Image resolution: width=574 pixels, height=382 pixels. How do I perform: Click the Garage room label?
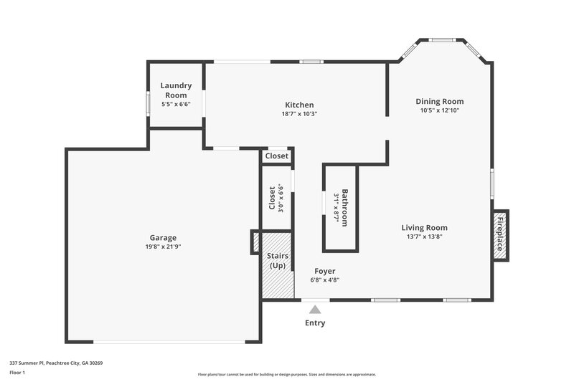pyautogui.click(x=163, y=238)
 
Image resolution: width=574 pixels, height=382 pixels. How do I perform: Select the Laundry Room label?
pyautogui.click(x=176, y=90)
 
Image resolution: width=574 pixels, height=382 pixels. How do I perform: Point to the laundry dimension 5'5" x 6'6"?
pyautogui.click(x=176, y=105)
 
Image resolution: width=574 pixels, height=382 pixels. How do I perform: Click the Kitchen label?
pyautogui.click(x=299, y=105)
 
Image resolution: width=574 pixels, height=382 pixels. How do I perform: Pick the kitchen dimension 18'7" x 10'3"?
pyautogui.click(x=299, y=113)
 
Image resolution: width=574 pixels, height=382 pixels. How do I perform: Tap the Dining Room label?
pyautogui.click(x=440, y=101)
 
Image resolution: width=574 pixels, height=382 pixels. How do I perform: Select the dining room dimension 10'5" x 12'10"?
pyautogui.click(x=440, y=110)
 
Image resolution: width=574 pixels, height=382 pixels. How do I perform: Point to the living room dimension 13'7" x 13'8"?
pyautogui.click(x=424, y=237)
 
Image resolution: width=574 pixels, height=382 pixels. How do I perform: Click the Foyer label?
pyautogui.click(x=325, y=271)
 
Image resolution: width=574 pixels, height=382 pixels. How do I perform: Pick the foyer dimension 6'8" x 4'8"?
pyautogui.click(x=325, y=280)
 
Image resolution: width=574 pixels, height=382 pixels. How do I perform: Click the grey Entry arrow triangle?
pyautogui.click(x=314, y=310)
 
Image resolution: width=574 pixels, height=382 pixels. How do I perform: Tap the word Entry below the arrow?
pyautogui.click(x=315, y=323)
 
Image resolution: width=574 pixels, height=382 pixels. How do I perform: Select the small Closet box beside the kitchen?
pyautogui.click(x=277, y=156)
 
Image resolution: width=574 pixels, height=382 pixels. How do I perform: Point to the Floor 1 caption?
pyautogui.click(x=17, y=373)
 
